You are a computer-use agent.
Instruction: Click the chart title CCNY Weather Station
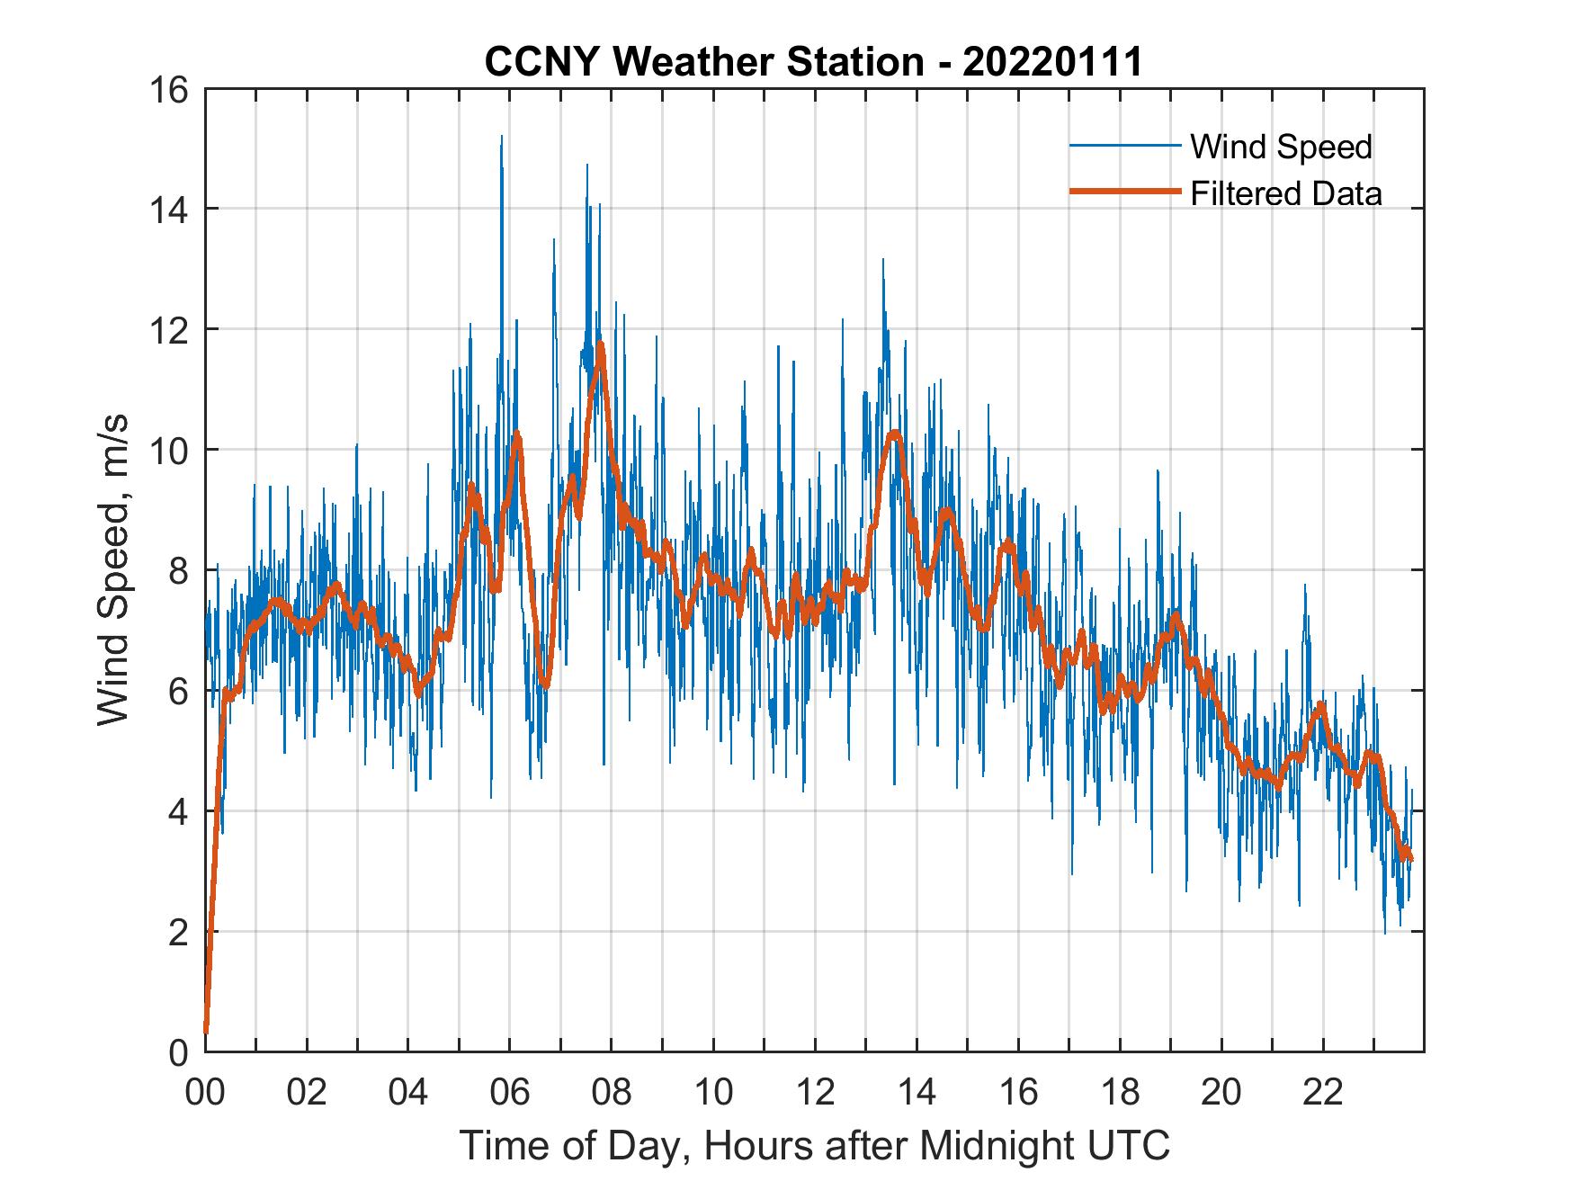tap(813, 62)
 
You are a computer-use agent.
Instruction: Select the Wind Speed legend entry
tap(1281, 147)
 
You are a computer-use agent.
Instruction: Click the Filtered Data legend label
tap(1285, 193)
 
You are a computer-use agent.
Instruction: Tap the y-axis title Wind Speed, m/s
tap(113, 569)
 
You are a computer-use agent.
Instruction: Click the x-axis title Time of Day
tap(815, 1145)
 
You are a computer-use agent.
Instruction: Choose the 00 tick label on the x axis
tap(205, 1093)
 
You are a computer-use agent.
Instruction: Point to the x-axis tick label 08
tap(612, 1093)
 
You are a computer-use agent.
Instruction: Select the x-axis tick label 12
tap(815, 1093)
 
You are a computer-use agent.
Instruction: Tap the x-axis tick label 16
tap(1018, 1093)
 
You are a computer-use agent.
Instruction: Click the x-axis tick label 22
tap(1323, 1093)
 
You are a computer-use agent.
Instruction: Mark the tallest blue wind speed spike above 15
tap(501, 137)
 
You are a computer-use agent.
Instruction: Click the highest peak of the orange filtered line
tap(600, 344)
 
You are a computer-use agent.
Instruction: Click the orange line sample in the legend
tap(1123, 192)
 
